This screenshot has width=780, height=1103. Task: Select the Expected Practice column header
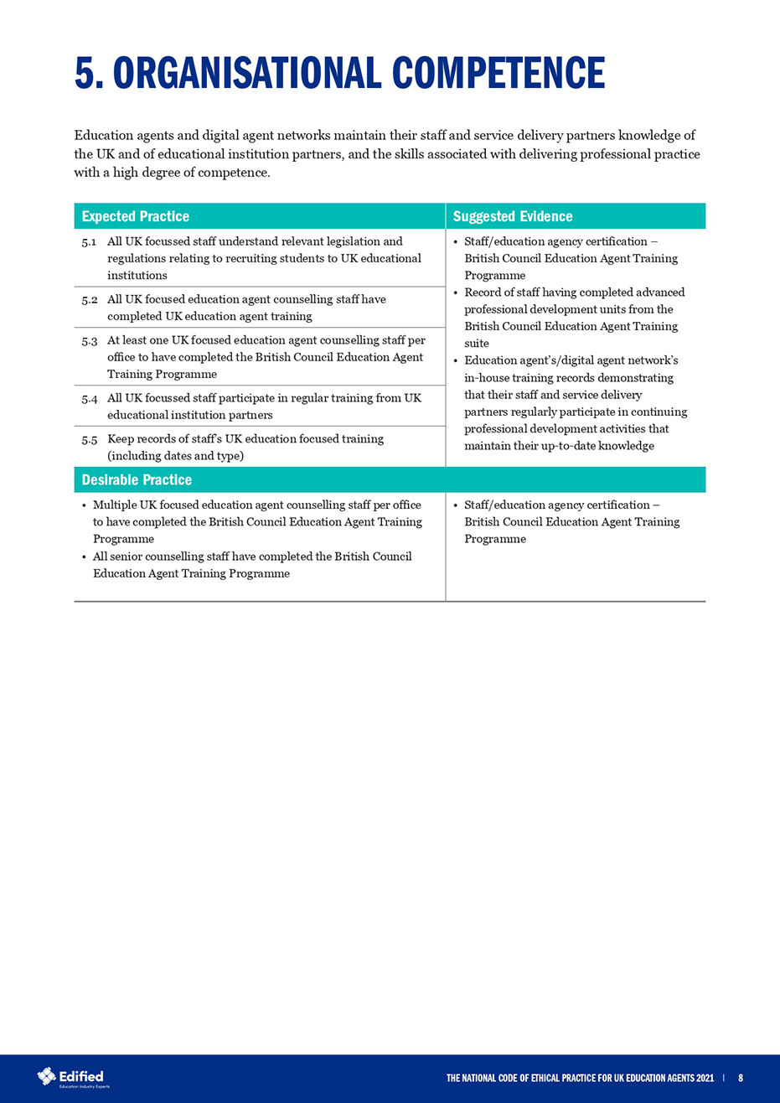[136, 216]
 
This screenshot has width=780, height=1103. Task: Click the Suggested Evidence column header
[513, 216]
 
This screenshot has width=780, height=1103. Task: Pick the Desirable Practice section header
[137, 479]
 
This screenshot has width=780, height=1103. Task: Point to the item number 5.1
[90, 241]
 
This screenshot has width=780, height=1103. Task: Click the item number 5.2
[90, 299]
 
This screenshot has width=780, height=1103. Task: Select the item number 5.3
[90, 340]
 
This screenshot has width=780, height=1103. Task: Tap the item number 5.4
[90, 398]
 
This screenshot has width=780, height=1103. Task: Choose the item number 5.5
[90, 438]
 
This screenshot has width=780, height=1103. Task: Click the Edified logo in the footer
[71, 1077]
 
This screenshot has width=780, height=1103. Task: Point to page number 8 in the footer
[741, 1079]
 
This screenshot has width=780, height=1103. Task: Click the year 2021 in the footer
[705, 1079]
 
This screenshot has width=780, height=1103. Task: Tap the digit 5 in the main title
[85, 73]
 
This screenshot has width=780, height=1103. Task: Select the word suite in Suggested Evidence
[477, 344]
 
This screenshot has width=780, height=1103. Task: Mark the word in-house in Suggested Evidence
[485, 378]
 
